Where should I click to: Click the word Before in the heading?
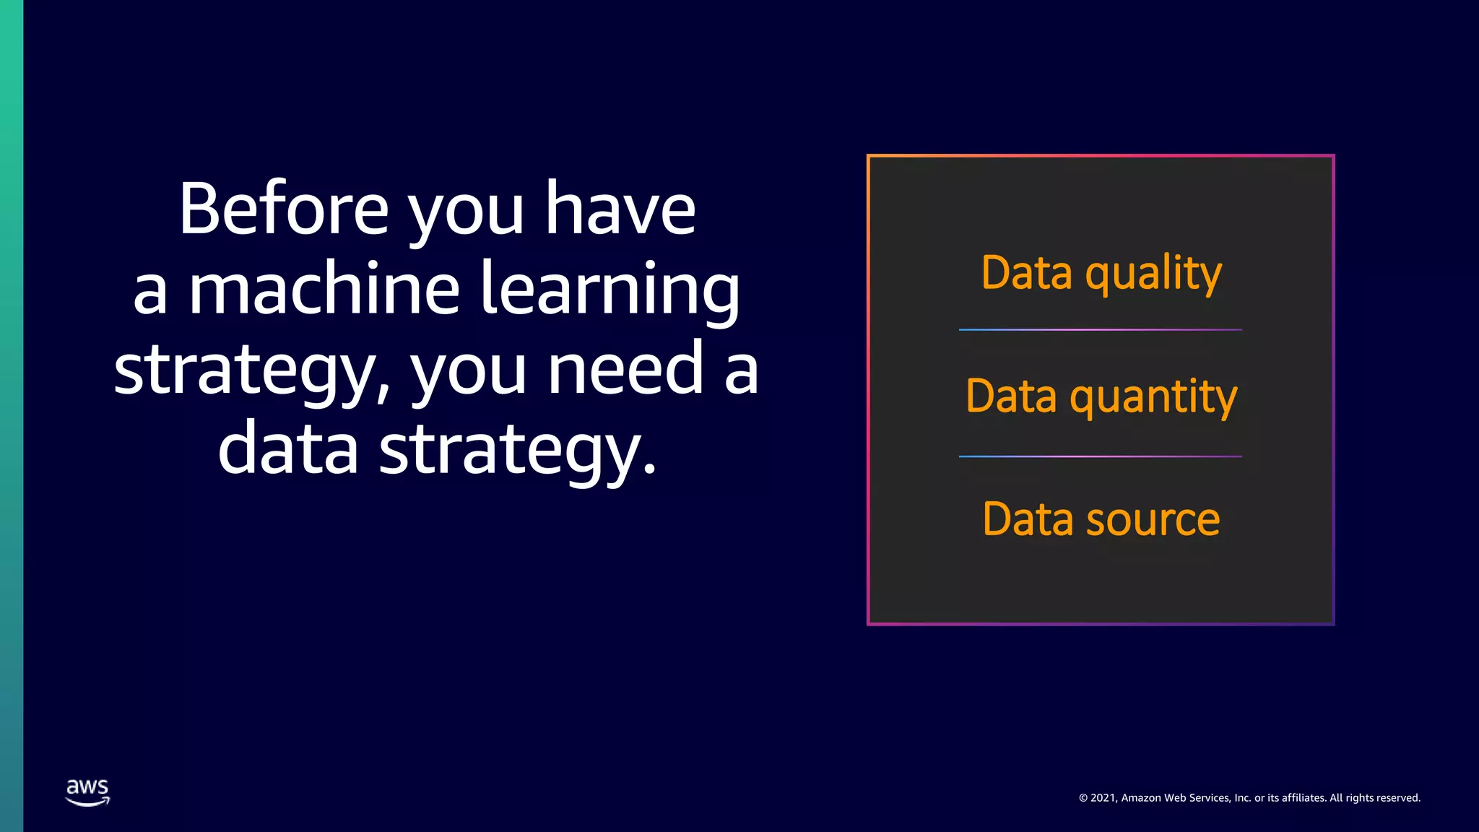(x=284, y=209)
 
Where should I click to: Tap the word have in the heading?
(x=620, y=209)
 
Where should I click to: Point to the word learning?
(x=610, y=290)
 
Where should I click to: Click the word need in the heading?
(x=625, y=369)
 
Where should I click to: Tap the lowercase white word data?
(x=288, y=448)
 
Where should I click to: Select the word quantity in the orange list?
(x=1153, y=398)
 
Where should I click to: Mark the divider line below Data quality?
(x=1100, y=330)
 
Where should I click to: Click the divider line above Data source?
(x=1100, y=456)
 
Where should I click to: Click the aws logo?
(x=87, y=792)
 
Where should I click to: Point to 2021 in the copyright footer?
(x=1103, y=798)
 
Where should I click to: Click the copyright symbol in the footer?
(x=1083, y=798)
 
